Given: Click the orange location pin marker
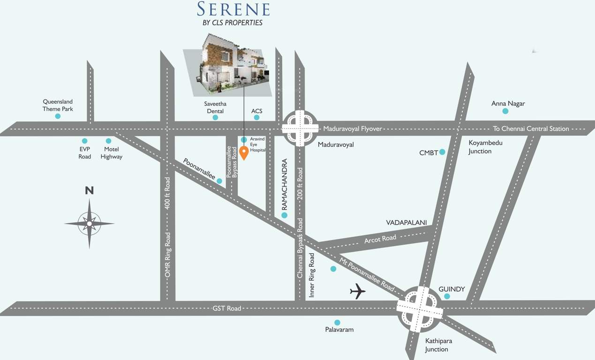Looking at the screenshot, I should pyautogui.click(x=244, y=152).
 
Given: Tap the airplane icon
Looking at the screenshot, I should pyautogui.click(x=358, y=291).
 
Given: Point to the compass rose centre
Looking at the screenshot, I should pyautogui.click(x=89, y=224).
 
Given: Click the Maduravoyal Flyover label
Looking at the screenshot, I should pyautogui.click(x=353, y=128).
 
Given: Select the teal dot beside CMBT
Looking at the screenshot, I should pyautogui.click(x=442, y=152).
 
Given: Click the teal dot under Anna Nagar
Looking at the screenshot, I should pyautogui.click(x=505, y=111).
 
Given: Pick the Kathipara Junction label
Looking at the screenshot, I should pyautogui.click(x=437, y=345).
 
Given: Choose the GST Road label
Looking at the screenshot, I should pyautogui.click(x=227, y=308).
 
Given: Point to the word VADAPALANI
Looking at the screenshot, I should pyautogui.click(x=406, y=222).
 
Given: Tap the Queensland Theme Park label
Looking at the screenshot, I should pyautogui.click(x=58, y=105).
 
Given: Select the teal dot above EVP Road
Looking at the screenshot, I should pyautogui.click(x=84, y=141).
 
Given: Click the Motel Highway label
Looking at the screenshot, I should pyautogui.click(x=111, y=153).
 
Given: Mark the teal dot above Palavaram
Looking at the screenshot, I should pyautogui.click(x=337, y=322).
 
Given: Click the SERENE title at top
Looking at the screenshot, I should pyautogui.click(x=233, y=9).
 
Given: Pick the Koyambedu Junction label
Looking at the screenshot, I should pyautogui.click(x=485, y=147).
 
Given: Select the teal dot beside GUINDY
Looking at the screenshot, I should pyautogui.click(x=447, y=296).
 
